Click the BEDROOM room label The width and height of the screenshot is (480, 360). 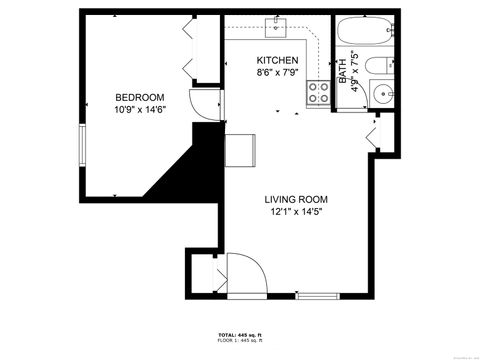139,97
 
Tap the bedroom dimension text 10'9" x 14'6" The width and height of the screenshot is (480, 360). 139,110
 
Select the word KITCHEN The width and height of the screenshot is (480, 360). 276,60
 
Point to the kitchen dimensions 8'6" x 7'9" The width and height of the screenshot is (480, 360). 277,73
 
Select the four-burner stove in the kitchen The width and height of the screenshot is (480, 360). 319,93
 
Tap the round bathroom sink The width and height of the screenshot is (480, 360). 382,97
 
